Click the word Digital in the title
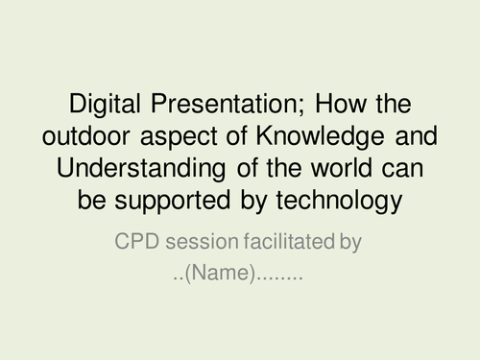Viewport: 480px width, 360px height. click(102, 103)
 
